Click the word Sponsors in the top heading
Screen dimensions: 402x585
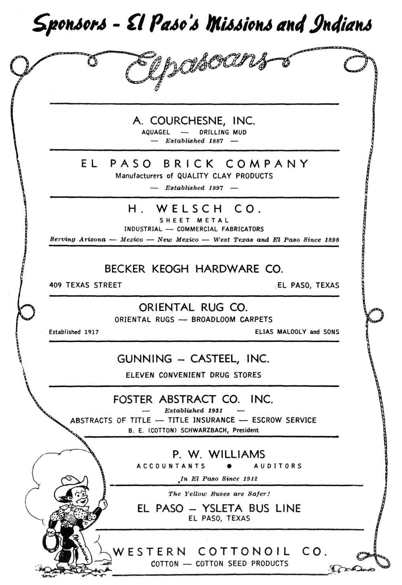pos(70,25)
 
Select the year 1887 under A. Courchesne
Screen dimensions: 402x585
pos(216,141)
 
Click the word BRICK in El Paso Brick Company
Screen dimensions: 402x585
pos(189,164)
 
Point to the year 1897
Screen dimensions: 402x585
pos(216,188)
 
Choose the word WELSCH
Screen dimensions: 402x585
pos(189,209)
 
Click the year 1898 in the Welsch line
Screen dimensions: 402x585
pos(332,240)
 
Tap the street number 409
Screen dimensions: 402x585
pos(55,285)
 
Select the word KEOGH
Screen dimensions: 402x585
pos(170,269)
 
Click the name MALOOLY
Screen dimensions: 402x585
pos(291,332)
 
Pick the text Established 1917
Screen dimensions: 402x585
pos(74,332)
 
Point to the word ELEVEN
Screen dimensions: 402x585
pos(140,375)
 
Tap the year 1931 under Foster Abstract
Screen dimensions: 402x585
pos(215,411)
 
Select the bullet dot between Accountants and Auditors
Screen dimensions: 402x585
pos(230,466)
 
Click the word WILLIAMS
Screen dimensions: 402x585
pos(237,454)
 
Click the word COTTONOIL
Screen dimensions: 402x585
pos(244,552)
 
